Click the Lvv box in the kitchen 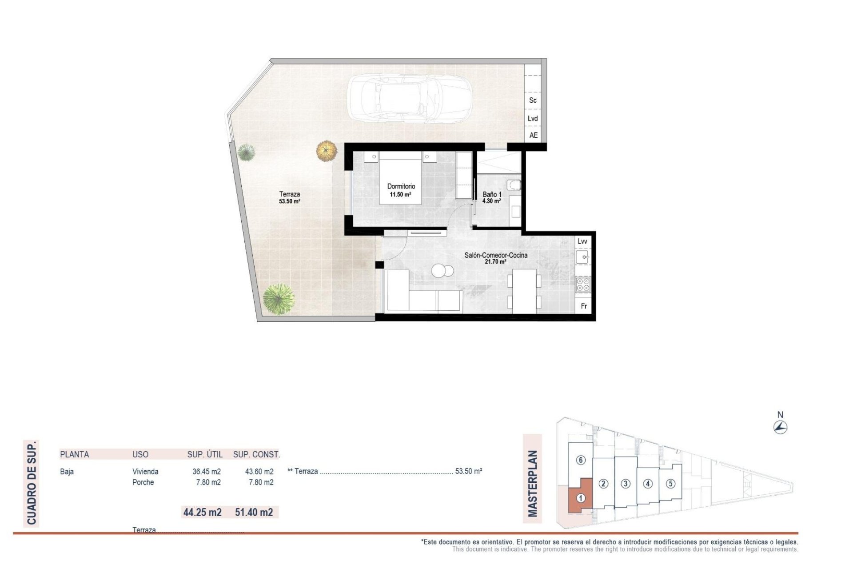[x=582, y=241]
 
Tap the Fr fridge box [x=584, y=306]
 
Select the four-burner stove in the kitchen [x=583, y=284]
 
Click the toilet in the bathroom [x=514, y=184]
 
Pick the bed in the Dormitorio [x=400, y=178]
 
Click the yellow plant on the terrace [x=327, y=151]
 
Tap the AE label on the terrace [x=533, y=135]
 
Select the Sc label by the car [x=533, y=100]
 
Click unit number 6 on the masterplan [x=581, y=460]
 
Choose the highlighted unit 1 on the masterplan [x=580, y=498]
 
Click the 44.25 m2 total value [x=202, y=512]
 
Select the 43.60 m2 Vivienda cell [x=259, y=472]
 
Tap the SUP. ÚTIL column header [x=205, y=454]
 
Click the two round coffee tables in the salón [x=443, y=270]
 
